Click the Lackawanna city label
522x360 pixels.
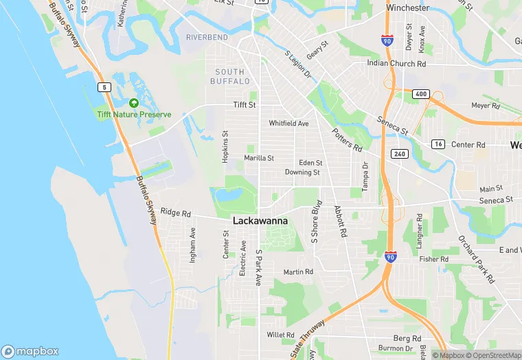coord(260,221)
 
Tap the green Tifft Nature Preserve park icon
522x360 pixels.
coord(133,103)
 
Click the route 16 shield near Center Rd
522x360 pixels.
coord(438,144)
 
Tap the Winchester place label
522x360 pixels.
coord(408,8)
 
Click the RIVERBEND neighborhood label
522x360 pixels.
coord(206,36)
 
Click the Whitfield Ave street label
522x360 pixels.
coord(288,124)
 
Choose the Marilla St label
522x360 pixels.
coord(259,158)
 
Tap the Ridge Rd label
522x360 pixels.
coord(175,212)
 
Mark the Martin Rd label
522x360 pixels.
coord(298,272)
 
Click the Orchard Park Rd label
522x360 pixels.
coord(477,260)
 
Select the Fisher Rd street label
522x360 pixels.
coord(434,259)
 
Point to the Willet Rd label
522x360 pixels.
coord(280,335)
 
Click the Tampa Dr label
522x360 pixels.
coord(365,177)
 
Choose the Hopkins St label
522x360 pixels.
coord(225,146)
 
